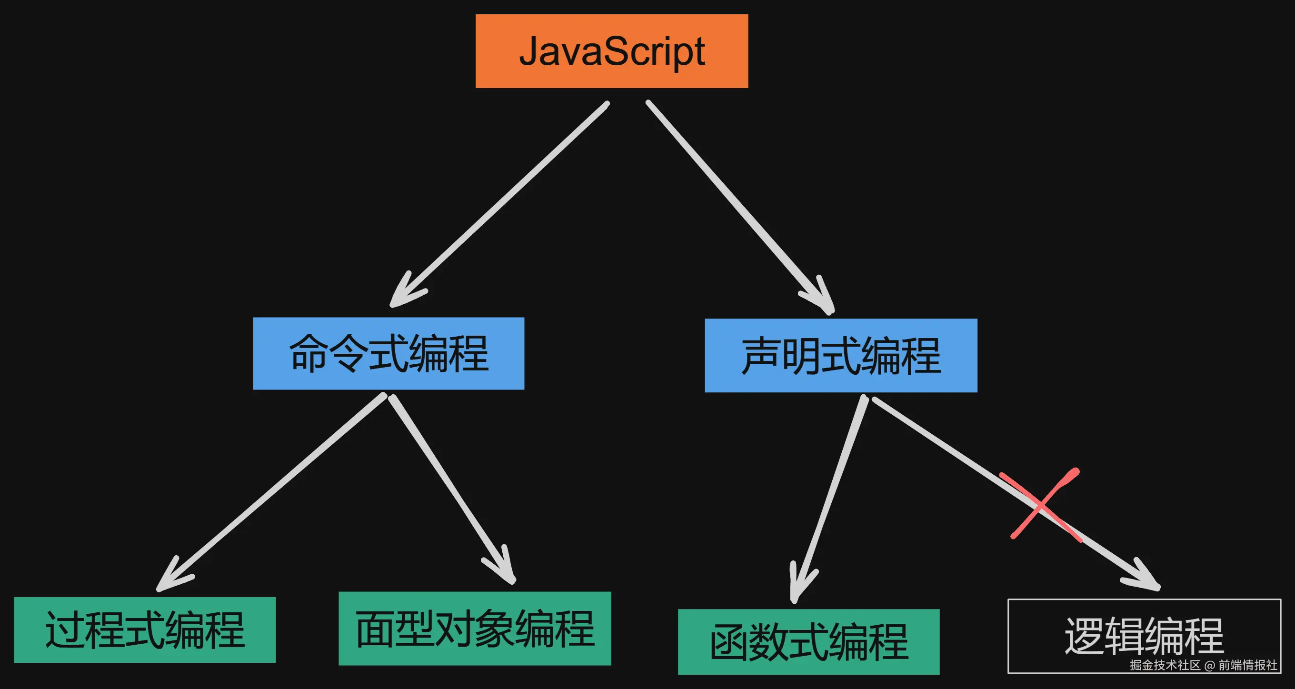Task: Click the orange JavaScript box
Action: [x=612, y=51]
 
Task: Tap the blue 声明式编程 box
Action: [x=840, y=355]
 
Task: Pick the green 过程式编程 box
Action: [x=145, y=629]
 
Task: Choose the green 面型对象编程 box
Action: [x=475, y=628]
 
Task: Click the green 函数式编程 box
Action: [x=808, y=642]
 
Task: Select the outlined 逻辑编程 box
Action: [x=1144, y=636]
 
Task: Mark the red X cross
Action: [x=1042, y=504]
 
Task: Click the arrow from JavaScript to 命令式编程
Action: [x=503, y=201]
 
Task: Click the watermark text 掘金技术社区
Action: [x=1164, y=665]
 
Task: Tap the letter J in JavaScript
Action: [x=529, y=51]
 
